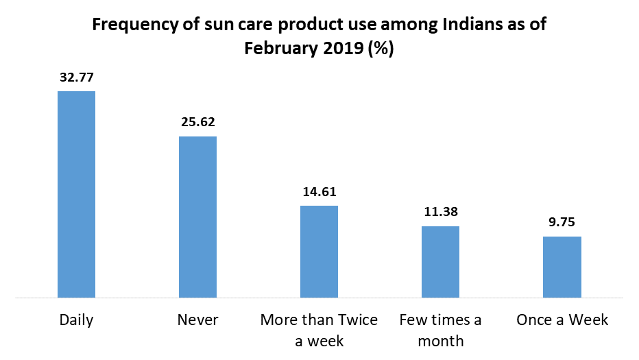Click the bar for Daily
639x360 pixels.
(x=76, y=195)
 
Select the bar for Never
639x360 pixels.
(x=197, y=217)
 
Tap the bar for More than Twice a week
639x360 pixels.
(x=319, y=252)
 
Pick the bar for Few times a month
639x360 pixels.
(x=440, y=262)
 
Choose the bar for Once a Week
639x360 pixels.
(x=562, y=267)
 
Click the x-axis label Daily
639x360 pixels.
(x=76, y=320)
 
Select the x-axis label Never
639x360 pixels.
(x=197, y=320)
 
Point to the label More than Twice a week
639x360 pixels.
(x=319, y=330)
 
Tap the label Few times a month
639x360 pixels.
(x=440, y=330)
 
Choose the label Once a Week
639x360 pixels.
(x=562, y=320)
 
